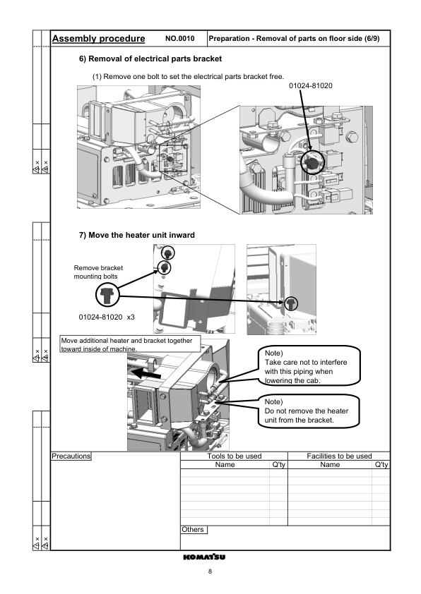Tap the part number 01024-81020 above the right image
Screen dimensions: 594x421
[x=311, y=85]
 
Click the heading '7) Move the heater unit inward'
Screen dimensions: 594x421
[x=136, y=234]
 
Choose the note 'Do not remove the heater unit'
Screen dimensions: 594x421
[x=307, y=410]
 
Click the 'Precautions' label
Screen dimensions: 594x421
[x=71, y=456]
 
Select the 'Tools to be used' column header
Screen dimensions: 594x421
[x=234, y=456]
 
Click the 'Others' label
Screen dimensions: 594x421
[x=194, y=528]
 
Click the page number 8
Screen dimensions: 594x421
[x=210, y=571]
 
